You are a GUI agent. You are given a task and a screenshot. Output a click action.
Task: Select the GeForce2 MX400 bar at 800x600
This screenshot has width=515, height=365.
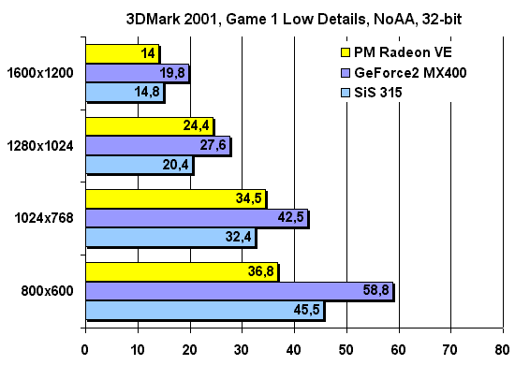click(239, 291)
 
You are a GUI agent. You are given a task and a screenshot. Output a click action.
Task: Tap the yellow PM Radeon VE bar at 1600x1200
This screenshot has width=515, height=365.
click(122, 53)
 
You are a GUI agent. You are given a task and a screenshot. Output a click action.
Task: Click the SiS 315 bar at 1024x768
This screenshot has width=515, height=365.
click(169, 238)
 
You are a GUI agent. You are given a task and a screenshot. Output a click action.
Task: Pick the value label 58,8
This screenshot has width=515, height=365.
click(375, 292)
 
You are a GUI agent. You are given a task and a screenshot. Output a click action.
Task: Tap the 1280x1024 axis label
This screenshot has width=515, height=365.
click(42, 146)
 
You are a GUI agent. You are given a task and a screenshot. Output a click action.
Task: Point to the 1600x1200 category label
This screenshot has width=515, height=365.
click(42, 73)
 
